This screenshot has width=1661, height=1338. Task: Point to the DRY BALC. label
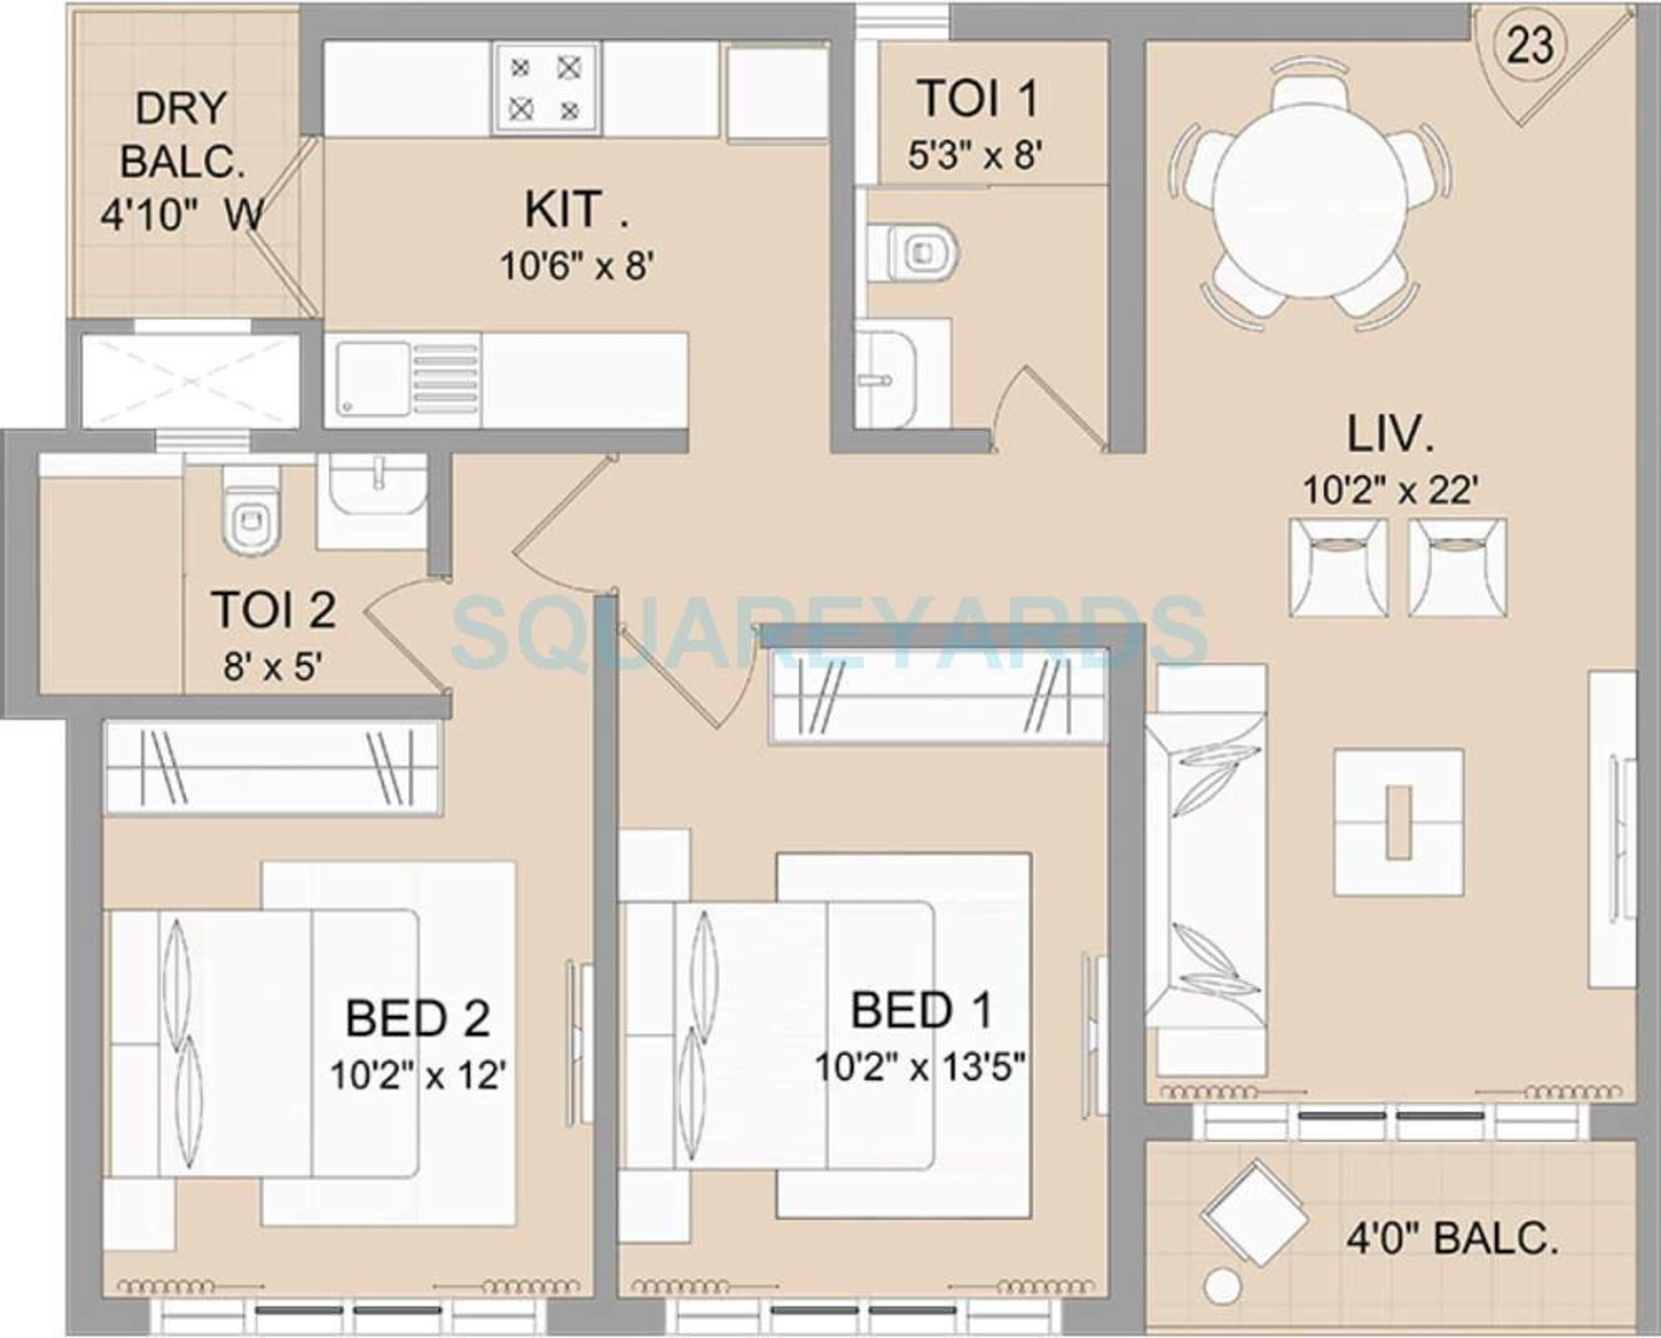point(182,135)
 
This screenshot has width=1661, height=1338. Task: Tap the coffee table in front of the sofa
point(1399,822)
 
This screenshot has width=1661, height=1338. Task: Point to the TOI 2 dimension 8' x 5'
point(272,667)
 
